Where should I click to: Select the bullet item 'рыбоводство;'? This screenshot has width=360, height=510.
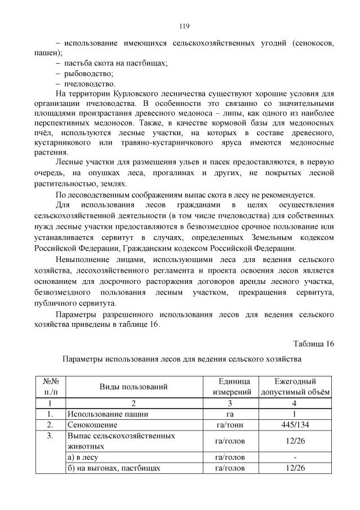[x=90, y=73]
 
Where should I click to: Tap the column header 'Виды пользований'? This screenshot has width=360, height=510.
[x=134, y=387]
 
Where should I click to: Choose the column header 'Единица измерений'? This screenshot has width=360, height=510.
[x=229, y=387]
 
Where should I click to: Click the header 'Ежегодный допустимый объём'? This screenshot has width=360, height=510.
[x=295, y=387]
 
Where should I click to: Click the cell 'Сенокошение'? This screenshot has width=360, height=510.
[x=92, y=424]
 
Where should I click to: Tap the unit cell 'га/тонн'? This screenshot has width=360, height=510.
[x=229, y=424]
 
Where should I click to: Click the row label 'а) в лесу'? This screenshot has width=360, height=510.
[x=82, y=457]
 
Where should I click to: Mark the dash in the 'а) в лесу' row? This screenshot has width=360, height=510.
[x=295, y=457]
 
